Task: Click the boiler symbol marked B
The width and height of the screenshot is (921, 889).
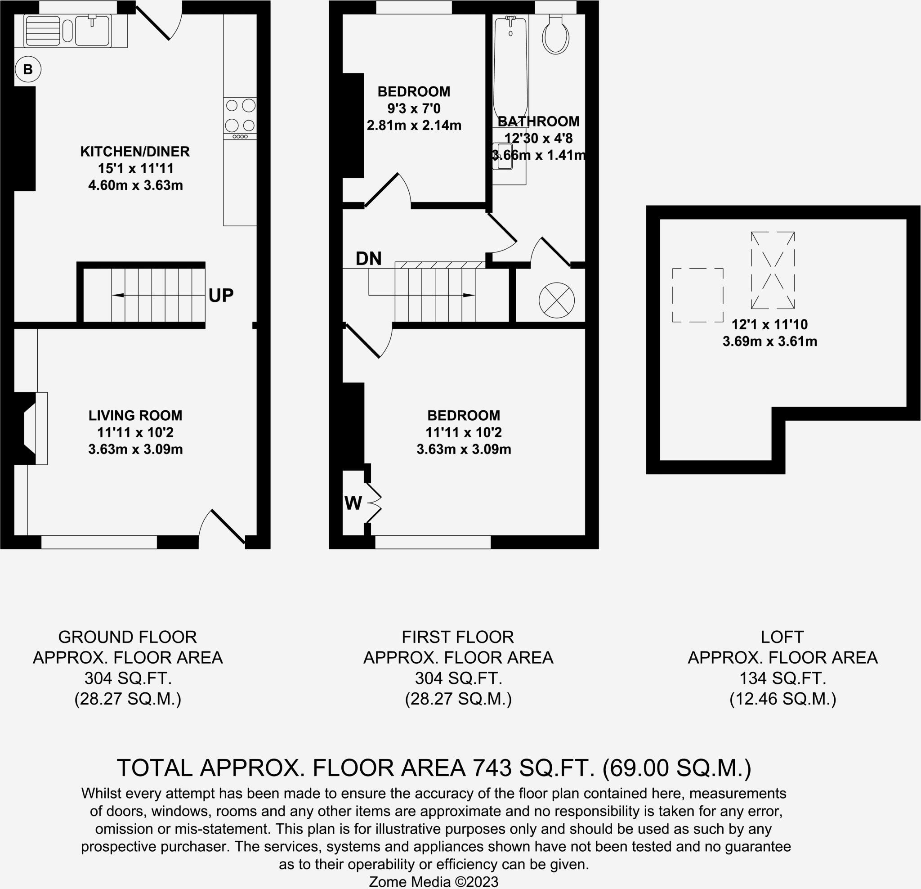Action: (x=28, y=70)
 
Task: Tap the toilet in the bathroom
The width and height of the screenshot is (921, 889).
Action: (x=556, y=35)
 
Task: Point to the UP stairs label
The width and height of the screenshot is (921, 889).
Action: (x=221, y=295)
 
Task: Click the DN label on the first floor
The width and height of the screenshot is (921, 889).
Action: (x=368, y=259)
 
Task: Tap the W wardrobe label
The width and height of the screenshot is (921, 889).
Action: (x=353, y=503)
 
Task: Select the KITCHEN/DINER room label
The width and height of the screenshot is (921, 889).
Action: (x=135, y=151)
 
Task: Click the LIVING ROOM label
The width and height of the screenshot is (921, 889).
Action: (x=135, y=415)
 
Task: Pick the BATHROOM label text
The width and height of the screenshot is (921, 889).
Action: (x=538, y=121)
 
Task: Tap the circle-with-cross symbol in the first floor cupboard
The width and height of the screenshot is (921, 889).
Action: (x=556, y=300)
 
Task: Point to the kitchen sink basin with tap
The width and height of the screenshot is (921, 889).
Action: (x=93, y=31)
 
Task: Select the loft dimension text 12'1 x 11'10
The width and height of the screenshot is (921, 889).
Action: (x=770, y=324)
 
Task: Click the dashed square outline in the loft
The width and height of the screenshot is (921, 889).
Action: (x=697, y=295)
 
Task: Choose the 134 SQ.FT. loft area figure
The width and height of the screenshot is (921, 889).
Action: (x=783, y=678)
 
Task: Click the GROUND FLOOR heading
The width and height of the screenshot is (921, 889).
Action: (x=127, y=637)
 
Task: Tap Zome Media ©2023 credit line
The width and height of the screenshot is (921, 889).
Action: (x=433, y=881)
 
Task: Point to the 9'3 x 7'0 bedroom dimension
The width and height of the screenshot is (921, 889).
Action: (x=414, y=108)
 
